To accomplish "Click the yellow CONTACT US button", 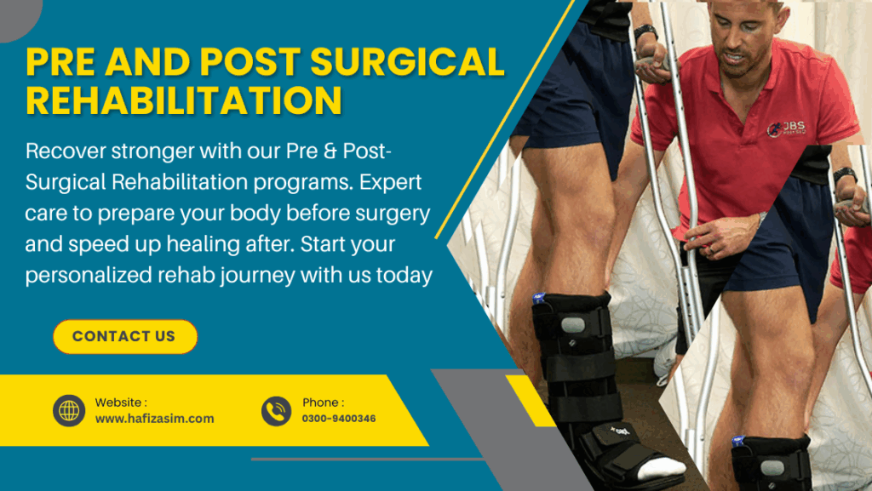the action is (x=125, y=337).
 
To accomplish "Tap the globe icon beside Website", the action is (x=69, y=410).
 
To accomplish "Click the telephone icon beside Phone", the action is (x=277, y=411).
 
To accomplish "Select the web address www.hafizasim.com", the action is (x=155, y=419).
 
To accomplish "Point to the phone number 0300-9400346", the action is (x=339, y=419).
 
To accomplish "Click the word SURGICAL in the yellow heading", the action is (x=407, y=61).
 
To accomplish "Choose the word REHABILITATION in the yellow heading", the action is (x=184, y=100).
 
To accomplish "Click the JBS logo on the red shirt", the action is (x=786, y=128).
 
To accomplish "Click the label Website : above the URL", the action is (x=121, y=403).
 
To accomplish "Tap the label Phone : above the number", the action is (x=323, y=403).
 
